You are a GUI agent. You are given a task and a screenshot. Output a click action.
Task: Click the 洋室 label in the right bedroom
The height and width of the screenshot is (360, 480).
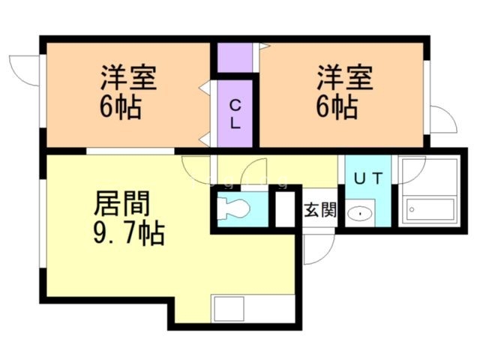pyautogui.click(x=344, y=77)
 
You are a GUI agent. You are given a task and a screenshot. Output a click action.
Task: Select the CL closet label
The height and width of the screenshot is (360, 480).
pyautogui.click(x=234, y=114)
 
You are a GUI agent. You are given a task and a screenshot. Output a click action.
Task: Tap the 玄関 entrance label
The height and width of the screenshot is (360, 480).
pyautogui.click(x=319, y=210)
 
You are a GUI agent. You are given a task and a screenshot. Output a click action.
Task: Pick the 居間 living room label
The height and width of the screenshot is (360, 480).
pyautogui.click(x=122, y=202)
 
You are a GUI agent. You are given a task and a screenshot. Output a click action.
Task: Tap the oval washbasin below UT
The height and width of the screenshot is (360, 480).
pyautogui.click(x=361, y=213)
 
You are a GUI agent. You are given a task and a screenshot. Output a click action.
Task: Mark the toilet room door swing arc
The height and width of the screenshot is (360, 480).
pyautogui.click(x=255, y=174)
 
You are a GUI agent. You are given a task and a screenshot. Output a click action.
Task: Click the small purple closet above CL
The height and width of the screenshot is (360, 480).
pyautogui.click(x=234, y=58)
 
